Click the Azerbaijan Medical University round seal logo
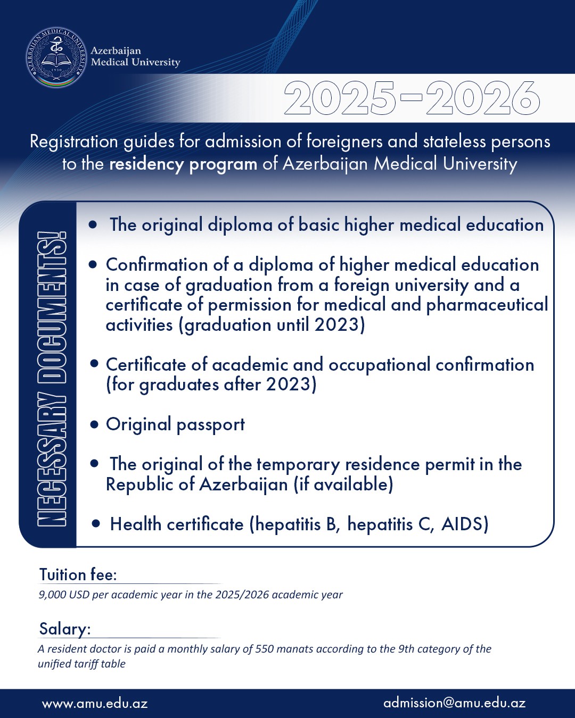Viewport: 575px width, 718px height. coord(56,57)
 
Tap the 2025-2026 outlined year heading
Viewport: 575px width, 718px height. coord(412,98)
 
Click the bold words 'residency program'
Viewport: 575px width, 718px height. coord(183,164)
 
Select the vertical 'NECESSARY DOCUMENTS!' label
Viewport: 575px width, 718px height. coord(51,379)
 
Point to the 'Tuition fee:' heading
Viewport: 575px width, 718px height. coord(78,575)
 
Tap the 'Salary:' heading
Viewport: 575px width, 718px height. coord(65,629)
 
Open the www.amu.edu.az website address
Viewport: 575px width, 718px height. coord(95,703)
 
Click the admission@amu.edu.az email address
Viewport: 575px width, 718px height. coord(454,703)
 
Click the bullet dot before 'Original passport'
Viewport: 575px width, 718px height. coord(95,424)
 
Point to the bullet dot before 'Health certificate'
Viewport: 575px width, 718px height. coord(96,524)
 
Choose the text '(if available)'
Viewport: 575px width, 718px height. coord(343,485)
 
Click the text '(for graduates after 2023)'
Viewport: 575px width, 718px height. coord(211,385)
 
